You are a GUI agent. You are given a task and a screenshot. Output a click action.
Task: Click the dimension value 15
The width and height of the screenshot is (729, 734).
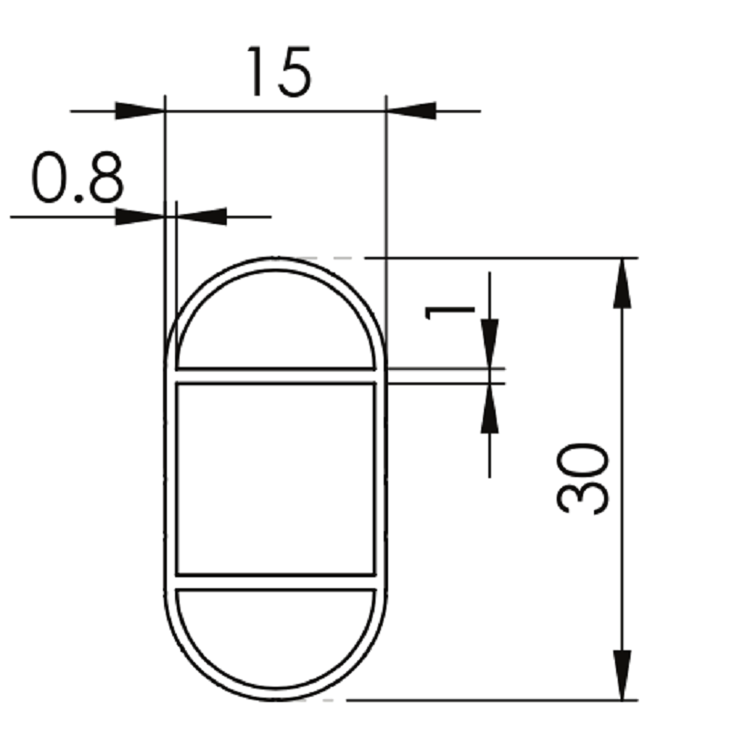(279, 71)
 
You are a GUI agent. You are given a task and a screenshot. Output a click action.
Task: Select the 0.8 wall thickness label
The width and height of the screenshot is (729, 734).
(77, 178)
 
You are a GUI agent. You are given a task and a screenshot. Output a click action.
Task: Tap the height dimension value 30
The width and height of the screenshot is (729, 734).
(582, 478)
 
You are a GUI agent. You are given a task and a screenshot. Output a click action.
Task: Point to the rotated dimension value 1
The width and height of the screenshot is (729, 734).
(449, 312)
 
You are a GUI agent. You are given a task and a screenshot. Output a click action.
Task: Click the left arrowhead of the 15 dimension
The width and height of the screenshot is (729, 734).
(140, 111)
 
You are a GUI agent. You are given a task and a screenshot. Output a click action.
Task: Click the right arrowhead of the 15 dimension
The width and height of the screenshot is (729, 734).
(411, 111)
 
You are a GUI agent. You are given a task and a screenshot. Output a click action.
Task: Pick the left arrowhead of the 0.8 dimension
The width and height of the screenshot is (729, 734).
(140, 217)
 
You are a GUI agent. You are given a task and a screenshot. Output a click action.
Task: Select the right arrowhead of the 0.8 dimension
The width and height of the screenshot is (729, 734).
(201, 217)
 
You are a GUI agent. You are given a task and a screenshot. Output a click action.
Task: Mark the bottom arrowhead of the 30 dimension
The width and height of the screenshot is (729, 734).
(621, 675)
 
